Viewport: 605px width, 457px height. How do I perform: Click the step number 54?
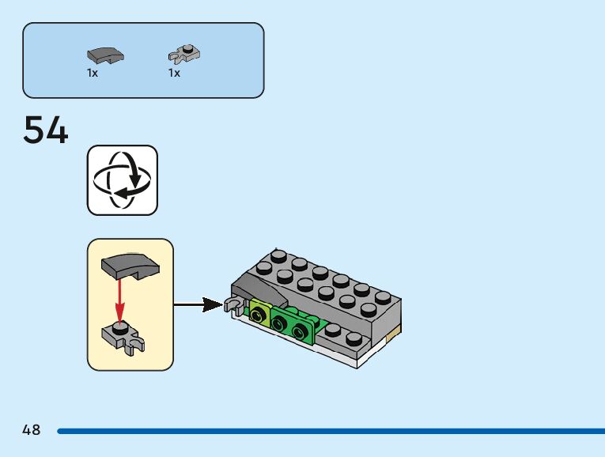tap(46, 130)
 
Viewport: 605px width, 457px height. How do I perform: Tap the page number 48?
tap(32, 431)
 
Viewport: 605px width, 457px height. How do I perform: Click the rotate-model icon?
tap(122, 179)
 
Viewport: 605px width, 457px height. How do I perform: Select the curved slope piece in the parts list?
tap(105, 55)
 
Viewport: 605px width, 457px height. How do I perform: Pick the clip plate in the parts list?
tap(184, 54)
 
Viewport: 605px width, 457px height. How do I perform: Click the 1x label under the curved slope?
tap(93, 74)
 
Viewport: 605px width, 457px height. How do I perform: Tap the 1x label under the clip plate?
tap(174, 74)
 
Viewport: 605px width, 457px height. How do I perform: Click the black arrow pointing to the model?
tap(198, 304)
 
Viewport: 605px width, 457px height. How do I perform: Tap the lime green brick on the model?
tap(259, 314)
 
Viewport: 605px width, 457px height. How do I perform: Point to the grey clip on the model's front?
tap(235, 304)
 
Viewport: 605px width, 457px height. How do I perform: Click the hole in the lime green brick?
tap(259, 316)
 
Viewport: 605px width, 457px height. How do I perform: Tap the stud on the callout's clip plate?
tap(119, 325)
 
